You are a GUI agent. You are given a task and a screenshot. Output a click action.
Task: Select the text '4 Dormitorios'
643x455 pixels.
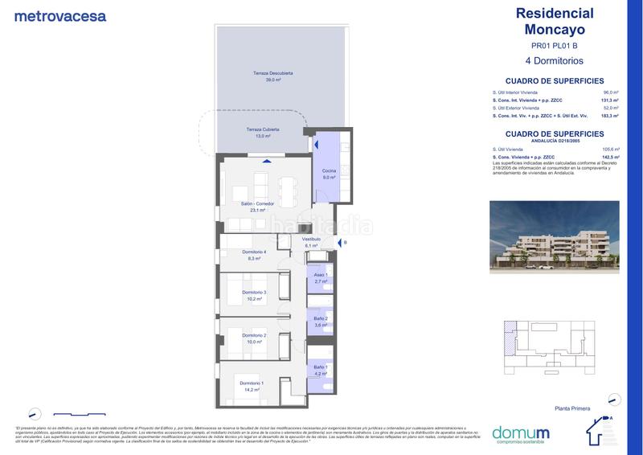[553, 60]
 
